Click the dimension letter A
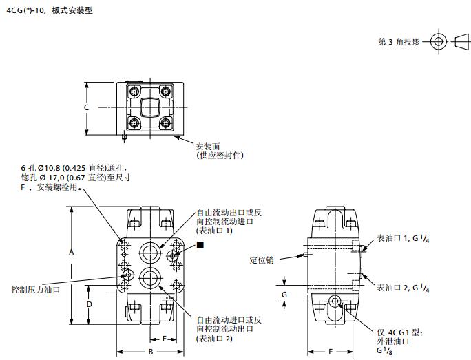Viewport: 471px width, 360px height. click(x=71, y=252)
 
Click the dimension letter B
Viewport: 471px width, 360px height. click(x=151, y=352)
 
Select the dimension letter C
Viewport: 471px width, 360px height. click(x=86, y=107)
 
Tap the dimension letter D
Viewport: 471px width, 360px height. click(x=90, y=304)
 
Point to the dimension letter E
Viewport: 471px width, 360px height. click(x=165, y=339)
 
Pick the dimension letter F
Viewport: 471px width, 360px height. click(x=331, y=352)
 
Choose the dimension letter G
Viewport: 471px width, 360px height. click(x=284, y=295)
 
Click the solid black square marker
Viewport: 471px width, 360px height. click(x=200, y=245)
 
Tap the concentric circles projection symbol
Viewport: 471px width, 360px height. click(x=439, y=41)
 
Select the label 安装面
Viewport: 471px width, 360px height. click(x=208, y=147)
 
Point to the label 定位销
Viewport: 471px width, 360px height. click(x=262, y=260)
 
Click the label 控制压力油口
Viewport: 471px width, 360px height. click(x=35, y=289)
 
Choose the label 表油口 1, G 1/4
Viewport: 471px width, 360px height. click(x=403, y=238)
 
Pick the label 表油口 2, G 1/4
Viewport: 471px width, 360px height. click(x=403, y=288)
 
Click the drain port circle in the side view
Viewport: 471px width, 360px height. click(x=335, y=301)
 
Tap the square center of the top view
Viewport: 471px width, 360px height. click(x=150, y=107)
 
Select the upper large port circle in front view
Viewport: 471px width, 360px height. click(x=149, y=253)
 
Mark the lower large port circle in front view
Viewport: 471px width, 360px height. click(x=149, y=277)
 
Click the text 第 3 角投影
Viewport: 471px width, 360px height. click(x=399, y=42)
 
